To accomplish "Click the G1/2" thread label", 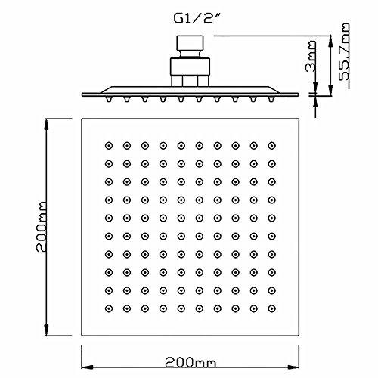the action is click(x=197, y=18).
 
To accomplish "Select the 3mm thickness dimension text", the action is click(x=310, y=57).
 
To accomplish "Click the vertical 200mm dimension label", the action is click(x=42, y=227).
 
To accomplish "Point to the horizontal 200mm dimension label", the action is click(x=191, y=362).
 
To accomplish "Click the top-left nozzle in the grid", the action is click(x=109, y=146).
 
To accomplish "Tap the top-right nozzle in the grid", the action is click(x=271, y=146).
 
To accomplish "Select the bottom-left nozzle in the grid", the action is click(x=109, y=308).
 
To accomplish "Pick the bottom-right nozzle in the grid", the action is click(x=271, y=308).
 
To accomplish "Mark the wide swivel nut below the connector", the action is click(x=190, y=67).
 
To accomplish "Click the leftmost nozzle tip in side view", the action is click(x=109, y=99).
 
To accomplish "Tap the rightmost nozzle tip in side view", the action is click(x=271, y=99).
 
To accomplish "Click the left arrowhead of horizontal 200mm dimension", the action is click(x=87, y=367).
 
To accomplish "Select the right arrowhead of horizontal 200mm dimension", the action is click(x=293, y=367).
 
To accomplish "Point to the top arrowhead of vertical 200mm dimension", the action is click(x=46, y=125).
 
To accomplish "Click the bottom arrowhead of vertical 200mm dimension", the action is click(x=46, y=330).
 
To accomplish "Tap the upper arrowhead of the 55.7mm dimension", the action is click(x=330, y=42).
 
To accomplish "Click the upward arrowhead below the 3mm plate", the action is click(x=315, y=101).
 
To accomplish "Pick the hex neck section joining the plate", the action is click(x=190, y=81).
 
